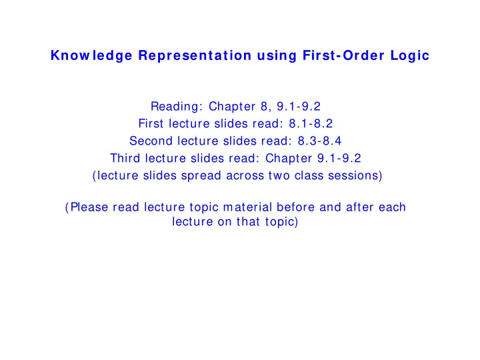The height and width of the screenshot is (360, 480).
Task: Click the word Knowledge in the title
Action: pos(91,56)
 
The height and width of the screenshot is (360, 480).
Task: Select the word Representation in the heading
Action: pos(195,55)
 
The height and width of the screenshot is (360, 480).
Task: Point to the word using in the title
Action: pos(277,56)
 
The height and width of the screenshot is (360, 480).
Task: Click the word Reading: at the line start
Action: pos(177,107)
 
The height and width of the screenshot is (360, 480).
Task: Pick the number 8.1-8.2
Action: pos(311,124)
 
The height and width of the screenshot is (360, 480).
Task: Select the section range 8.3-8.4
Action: pos(319,141)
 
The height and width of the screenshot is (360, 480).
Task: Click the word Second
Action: pos(151,141)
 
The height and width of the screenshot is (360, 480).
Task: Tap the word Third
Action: pos(125,158)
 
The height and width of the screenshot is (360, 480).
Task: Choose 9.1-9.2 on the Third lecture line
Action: pos(339,158)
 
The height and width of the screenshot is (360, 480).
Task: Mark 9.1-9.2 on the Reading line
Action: pos(299,107)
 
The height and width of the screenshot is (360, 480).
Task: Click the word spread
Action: pos(201,176)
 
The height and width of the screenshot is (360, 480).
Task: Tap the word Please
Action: pos(89,207)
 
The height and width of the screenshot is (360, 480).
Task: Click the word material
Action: pos(247,207)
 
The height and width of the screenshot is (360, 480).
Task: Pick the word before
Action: pos(295,207)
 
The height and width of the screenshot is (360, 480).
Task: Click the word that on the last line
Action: pos(248,221)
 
